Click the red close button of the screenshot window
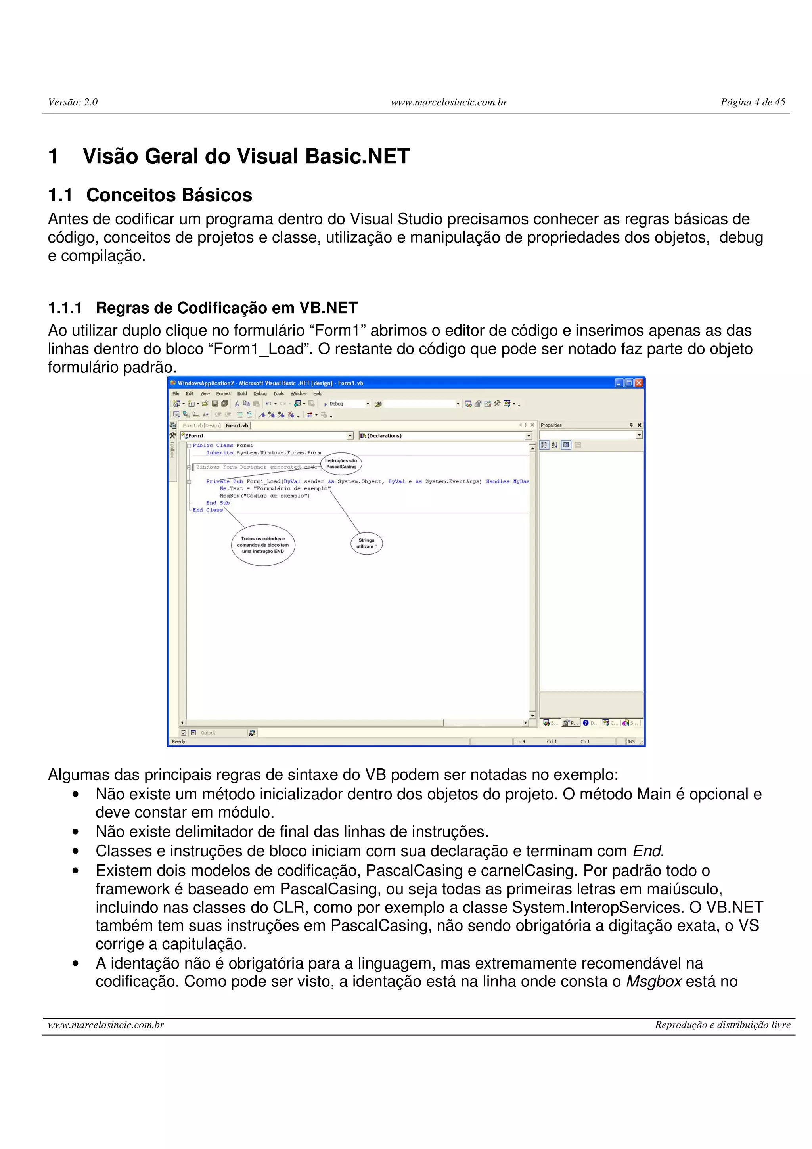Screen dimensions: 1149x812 pyautogui.click(x=638, y=383)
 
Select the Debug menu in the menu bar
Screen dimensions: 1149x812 pyautogui.click(x=260, y=394)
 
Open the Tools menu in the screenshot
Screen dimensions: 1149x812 pyautogui.click(x=279, y=394)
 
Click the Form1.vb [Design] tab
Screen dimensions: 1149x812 pyautogui.click(x=202, y=425)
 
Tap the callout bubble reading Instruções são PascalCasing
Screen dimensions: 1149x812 pyautogui.click(x=341, y=463)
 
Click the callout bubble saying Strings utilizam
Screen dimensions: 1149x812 pyautogui.click(x=366, y=544)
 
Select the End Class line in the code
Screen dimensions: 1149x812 pyautogui.click(x=208, y=510)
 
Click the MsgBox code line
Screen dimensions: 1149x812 pyautogui.click(x=265, y=496)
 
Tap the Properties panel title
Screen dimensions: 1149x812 pyautogui.click(x=552, y=425)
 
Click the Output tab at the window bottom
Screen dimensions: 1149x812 pyautogui.click(x=208, y=733)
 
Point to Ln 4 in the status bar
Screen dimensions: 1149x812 pyautogui.click(x=520, y=742)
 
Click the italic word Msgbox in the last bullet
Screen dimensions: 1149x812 pyautogui.click(x=653, y=981)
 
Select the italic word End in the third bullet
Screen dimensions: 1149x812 pyautogui.click(x=647, y=851)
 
